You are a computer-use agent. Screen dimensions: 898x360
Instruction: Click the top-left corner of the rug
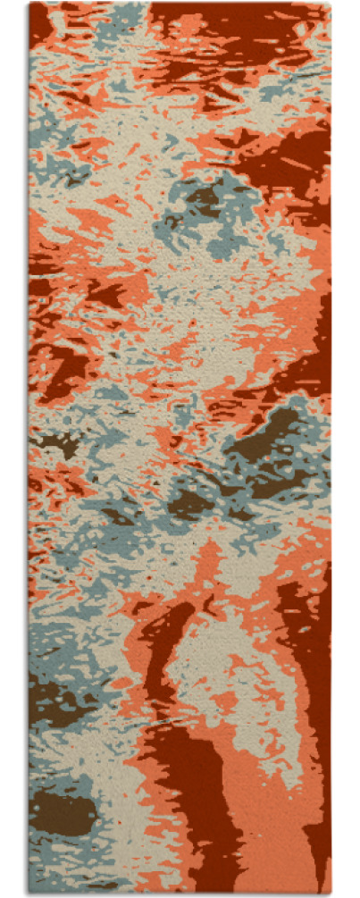click(29, 4)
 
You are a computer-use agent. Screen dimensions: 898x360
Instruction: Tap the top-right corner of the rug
click(331, 4)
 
